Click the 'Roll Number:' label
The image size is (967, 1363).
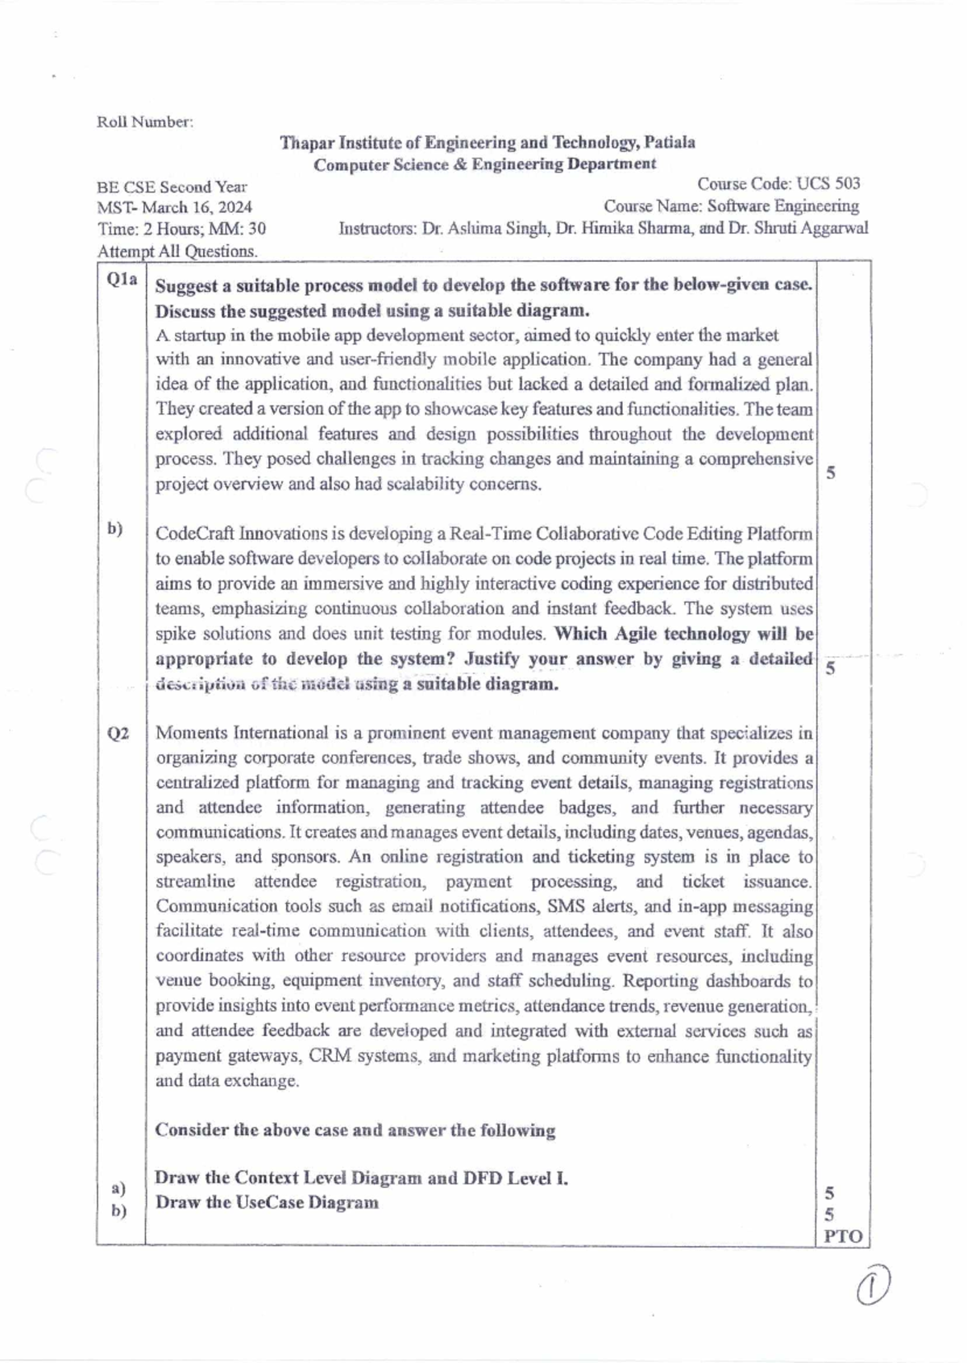pyautogui.click(x=145, y=122)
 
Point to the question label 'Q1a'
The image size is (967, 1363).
pyautogui.click(x=122, y=280)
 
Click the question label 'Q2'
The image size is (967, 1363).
pyautogui.click(x=118, y=733)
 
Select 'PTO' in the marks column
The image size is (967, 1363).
pyautogui.click(x=843, y=1236)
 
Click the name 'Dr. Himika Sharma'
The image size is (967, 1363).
pyautogui.click(x=623, y=228)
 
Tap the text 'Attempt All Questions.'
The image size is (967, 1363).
pyautogui.click(x=177, y=251)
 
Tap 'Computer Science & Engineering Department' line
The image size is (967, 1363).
pyautogui.click(x=484, y=164)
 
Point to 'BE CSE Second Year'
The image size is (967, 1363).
pyautogui.click(x=172, y=187)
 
